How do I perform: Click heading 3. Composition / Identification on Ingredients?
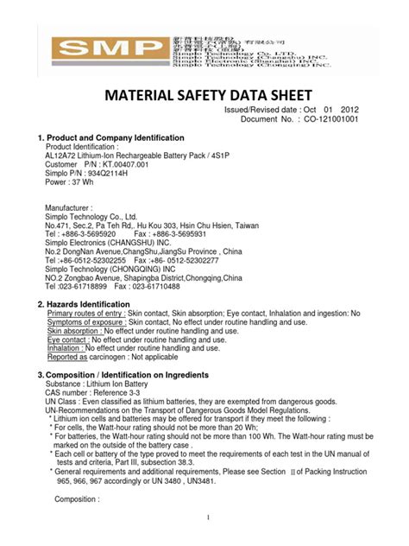pos(122,375)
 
